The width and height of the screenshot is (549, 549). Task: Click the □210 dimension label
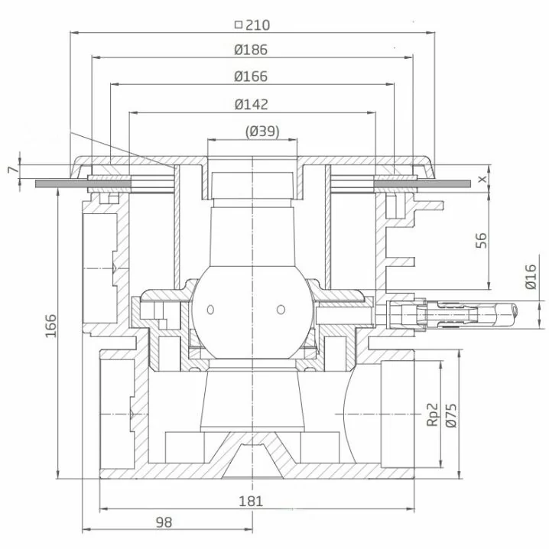click(x=252, y=25)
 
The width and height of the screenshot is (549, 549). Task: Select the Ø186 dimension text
click(x=251, y=50)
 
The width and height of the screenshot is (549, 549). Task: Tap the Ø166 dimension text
click(x=251, y=76)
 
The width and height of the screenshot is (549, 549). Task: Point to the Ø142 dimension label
click(x=252, y=104)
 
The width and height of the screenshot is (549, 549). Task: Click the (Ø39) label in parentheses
click(x=262, y=132)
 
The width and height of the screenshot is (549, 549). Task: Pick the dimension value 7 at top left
click(x=12, y=171)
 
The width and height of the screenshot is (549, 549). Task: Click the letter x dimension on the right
click(x=482, y=179)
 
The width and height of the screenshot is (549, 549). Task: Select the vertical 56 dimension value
click(x=482, y=240)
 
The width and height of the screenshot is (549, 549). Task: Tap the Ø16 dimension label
click(x=531, y=277)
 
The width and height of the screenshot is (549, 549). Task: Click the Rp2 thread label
click(x=433, y=414)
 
